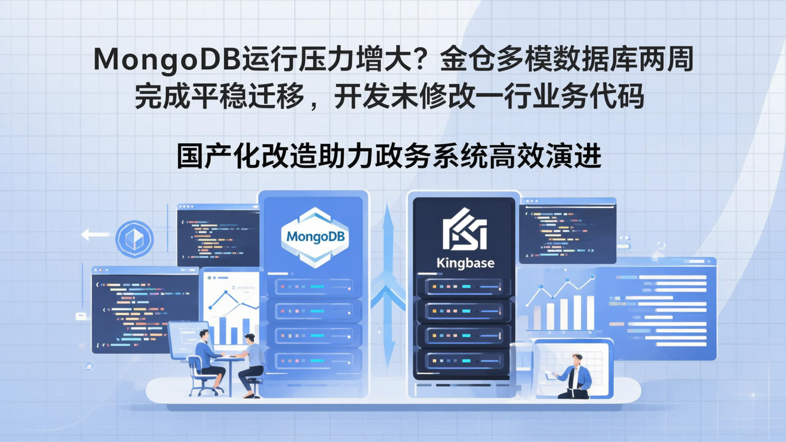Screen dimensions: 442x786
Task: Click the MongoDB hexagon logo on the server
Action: (x=314, y=237)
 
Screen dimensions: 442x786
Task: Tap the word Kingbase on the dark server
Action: (x=465, y=263)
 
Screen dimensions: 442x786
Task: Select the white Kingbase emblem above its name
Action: (x=464, y=230)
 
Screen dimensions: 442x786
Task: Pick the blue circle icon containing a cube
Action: (x=134, y=239)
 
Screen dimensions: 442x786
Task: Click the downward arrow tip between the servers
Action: (x=388, y=362)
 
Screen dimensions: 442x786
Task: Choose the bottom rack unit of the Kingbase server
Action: (x=463, y=361)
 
